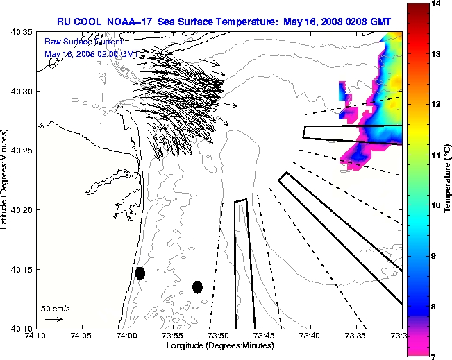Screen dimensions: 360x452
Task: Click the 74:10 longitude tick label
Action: pos(35,336)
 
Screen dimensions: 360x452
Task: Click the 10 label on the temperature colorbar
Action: pos(436,206)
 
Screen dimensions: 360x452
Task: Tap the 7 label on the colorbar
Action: pos(434,357)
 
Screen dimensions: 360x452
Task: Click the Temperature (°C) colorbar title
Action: pos(448,180)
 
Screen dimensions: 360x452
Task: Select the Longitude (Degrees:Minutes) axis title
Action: pos(219,345)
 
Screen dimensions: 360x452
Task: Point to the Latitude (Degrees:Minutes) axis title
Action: pos(6,180)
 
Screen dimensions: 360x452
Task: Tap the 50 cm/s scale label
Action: pos(55,308)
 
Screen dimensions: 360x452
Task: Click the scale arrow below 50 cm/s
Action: pos(53,319)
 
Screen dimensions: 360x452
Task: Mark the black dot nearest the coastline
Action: pos(140,273)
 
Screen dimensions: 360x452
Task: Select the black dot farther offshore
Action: pos(197,286)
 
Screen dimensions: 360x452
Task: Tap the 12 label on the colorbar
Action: pos(436,105)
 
